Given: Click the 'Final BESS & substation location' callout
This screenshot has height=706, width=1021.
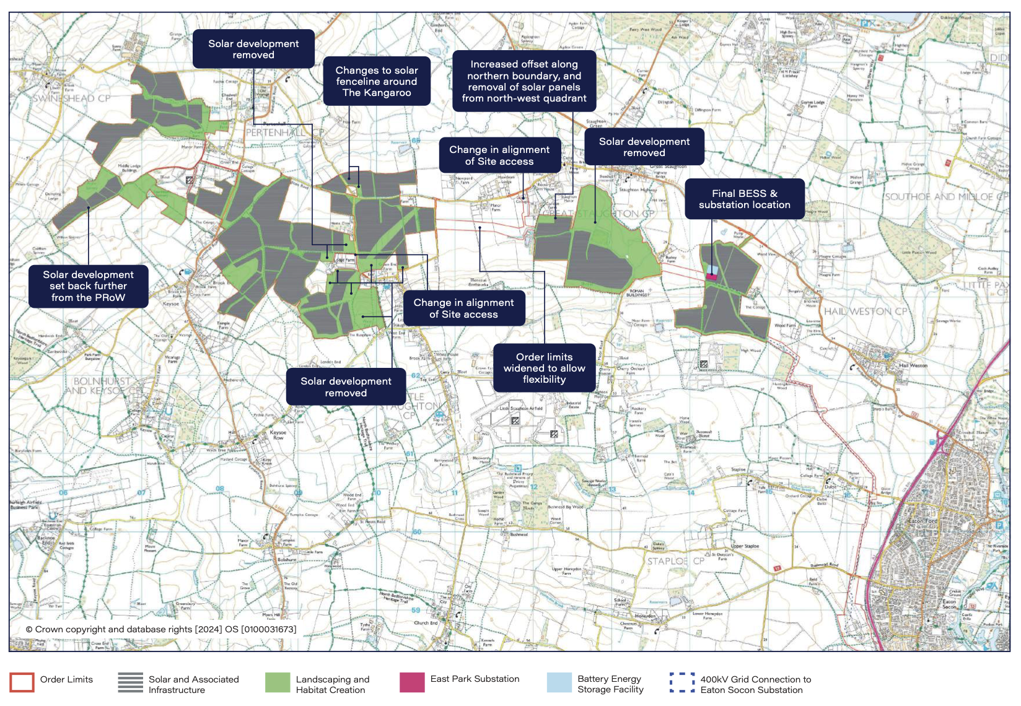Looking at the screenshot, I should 744,199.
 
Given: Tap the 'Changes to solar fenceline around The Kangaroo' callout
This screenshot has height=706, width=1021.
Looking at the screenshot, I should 377,81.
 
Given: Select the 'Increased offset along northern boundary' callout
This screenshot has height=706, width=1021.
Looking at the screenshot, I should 524,81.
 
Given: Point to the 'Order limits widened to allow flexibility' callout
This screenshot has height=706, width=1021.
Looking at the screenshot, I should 544,368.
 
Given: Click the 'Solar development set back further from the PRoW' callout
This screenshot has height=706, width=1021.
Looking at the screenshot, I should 88,286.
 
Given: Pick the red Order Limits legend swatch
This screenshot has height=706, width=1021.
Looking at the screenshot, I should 22,682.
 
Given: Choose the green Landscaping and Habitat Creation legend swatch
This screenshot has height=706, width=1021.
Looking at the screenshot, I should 278,682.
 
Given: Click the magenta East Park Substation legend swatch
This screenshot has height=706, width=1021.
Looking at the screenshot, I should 412,682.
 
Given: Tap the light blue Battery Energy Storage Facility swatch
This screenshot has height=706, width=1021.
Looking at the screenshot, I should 559,682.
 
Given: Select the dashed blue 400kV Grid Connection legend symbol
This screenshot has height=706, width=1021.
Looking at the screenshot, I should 682,682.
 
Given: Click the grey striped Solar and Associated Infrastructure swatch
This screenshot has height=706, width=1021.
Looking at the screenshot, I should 131,682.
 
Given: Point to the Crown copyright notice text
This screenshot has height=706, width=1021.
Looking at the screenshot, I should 161,629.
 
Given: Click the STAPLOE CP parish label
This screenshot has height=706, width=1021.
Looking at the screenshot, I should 675,561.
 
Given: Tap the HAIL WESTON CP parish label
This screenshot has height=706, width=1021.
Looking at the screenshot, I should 865,312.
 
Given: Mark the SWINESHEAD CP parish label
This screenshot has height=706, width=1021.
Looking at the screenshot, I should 72,98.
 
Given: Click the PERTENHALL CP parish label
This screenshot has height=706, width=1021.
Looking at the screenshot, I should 284,133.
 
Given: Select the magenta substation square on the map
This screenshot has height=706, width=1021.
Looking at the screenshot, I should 712,277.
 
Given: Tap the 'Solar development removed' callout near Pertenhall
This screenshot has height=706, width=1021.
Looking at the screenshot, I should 253,49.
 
